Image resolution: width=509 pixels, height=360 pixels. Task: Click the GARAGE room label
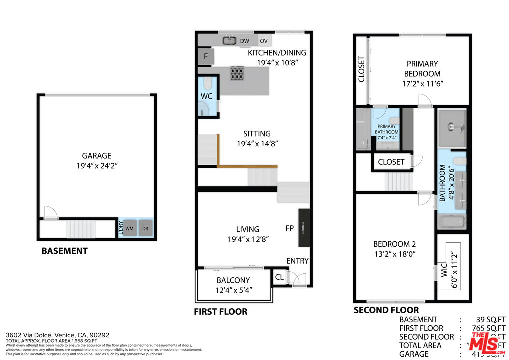tap(97, 156)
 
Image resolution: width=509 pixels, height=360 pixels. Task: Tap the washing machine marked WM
tap(130, 229)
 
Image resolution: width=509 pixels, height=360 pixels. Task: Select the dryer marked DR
tap(145, 229)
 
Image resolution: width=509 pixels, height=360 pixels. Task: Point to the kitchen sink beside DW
tap(229, 40)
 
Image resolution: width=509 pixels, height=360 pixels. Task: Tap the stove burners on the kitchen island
tap(238, 74)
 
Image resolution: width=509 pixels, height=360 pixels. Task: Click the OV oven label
tap(263, 41)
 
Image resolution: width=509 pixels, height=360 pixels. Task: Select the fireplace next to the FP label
tap(304, 227)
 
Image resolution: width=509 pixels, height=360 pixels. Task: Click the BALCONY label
tap(233, 280)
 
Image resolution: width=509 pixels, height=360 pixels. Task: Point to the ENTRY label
tap(297, 261)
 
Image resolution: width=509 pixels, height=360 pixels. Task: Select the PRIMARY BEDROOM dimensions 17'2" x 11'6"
tap(423, 84)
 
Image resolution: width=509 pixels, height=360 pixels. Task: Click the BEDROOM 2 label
tap(394, 244)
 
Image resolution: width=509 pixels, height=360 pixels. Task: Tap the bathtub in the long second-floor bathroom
tap(452, 221)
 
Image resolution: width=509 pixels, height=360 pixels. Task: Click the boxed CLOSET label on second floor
tap(391, 162)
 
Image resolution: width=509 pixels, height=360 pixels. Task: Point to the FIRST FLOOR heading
tap(220, 311)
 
